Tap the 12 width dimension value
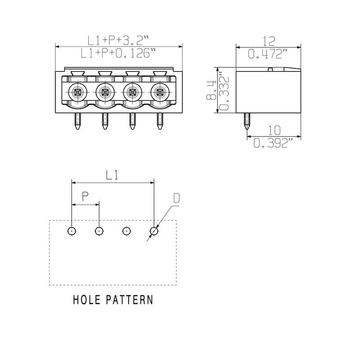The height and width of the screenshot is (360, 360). point(268,41)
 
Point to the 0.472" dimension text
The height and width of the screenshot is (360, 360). point(268,54)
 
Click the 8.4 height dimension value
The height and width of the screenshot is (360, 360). point(211,90)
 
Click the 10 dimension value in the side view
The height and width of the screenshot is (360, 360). point(274,130)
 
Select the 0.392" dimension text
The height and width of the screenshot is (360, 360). point(274,143)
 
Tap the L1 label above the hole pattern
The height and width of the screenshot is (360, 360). point(112,175)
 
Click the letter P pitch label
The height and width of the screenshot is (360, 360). point(85,196)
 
